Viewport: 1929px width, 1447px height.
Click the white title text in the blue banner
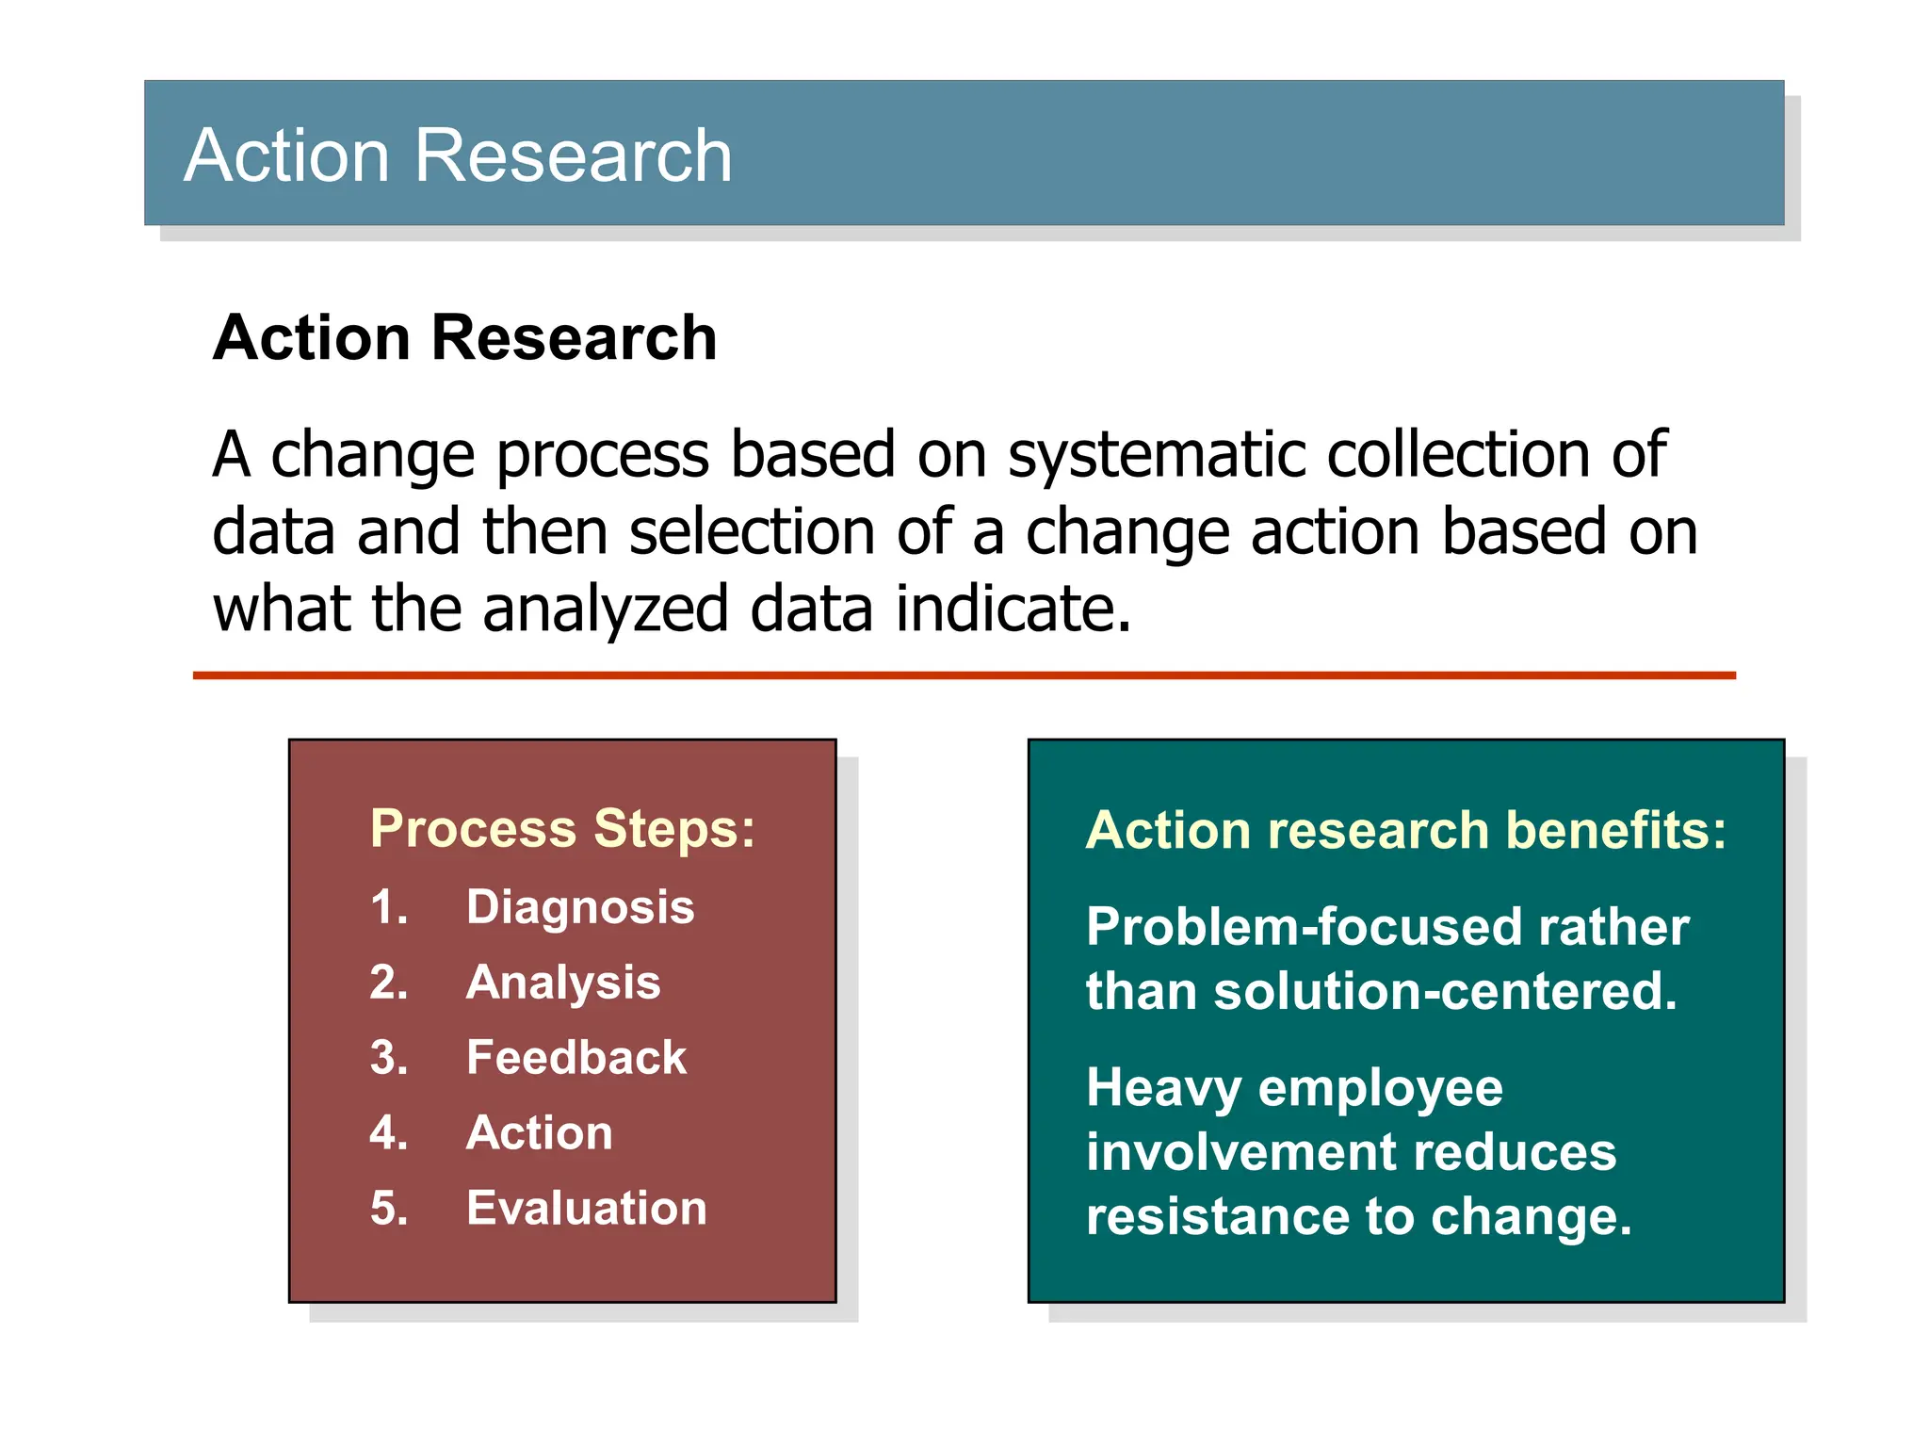(458, 155)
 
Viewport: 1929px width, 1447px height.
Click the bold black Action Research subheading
(464, 337)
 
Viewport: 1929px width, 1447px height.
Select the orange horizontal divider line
(964, 675)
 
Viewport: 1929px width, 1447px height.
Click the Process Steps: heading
(562, 829)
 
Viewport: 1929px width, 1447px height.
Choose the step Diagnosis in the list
(580, 907)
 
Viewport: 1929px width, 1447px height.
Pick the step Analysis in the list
(563, 983)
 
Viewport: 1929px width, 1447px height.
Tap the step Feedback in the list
(576, 1057)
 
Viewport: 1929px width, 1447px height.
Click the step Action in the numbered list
(540, 1132)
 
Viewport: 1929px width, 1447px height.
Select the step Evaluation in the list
(586, 1208)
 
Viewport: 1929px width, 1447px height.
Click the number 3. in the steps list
(389, 1057)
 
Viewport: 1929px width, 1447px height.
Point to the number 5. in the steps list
(389, 1208)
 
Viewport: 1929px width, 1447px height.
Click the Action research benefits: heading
(1405, 830)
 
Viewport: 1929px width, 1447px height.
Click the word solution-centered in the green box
(1445, 991)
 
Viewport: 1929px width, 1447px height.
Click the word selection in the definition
(752, 532)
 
